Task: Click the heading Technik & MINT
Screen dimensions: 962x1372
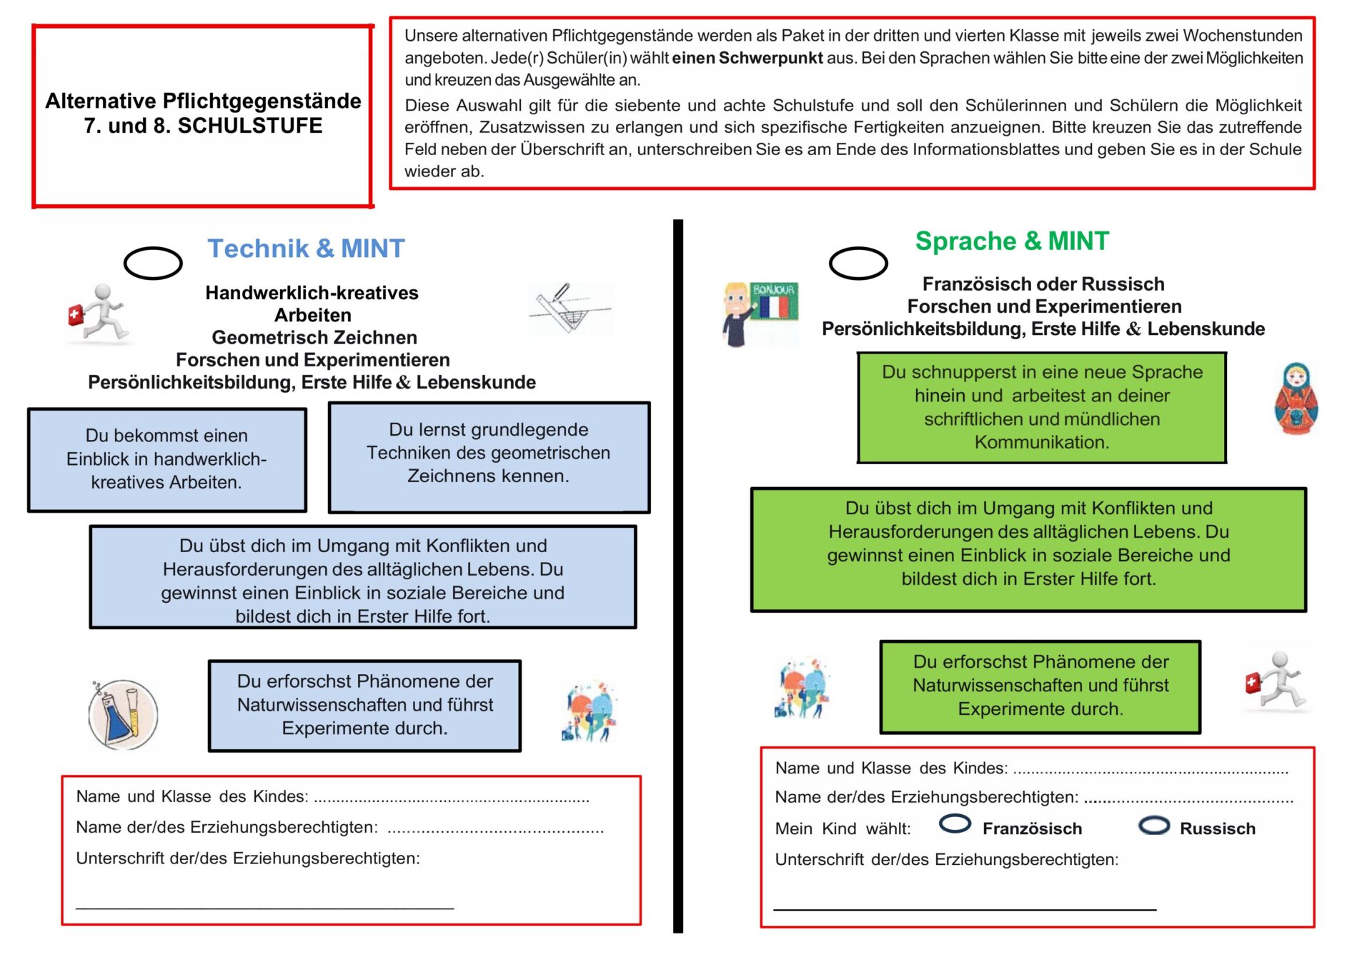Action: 306,249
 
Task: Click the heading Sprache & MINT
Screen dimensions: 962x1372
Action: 1012,241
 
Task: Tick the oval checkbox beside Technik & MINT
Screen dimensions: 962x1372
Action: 153,264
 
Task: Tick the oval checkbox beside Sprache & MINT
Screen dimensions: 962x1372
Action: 858,264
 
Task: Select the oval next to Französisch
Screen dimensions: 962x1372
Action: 955,824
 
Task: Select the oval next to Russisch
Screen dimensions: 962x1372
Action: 1154,826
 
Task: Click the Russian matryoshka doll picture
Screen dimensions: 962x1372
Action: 1296,399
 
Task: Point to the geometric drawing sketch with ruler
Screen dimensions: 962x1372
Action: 570,309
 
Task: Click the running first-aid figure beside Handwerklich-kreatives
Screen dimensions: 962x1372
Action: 99,312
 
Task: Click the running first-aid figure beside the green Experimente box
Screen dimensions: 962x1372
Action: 1278,680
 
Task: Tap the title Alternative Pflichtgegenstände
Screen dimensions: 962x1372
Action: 203,101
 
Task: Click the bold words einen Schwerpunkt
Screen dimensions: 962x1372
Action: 747,58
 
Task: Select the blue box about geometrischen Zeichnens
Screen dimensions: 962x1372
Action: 489,457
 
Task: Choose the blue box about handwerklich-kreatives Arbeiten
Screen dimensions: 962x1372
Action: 167,459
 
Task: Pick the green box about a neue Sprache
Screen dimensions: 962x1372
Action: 1042,407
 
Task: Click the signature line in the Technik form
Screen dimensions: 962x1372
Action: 264,908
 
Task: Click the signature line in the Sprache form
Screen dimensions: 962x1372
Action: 965,909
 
